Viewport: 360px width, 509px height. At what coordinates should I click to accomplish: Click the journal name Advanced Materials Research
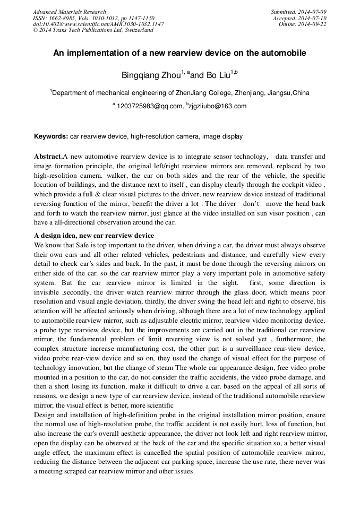tap(70, 12)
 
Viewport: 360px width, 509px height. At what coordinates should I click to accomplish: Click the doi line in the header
tap(98, 24)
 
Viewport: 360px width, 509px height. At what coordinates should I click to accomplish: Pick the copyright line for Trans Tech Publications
tap(93, 30)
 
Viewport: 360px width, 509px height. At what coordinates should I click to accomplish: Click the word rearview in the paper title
tap(197, 53)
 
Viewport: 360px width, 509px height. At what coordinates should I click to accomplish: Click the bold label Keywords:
tap(51, 136)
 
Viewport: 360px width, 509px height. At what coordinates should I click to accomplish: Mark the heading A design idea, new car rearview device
tap(94, 236)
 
